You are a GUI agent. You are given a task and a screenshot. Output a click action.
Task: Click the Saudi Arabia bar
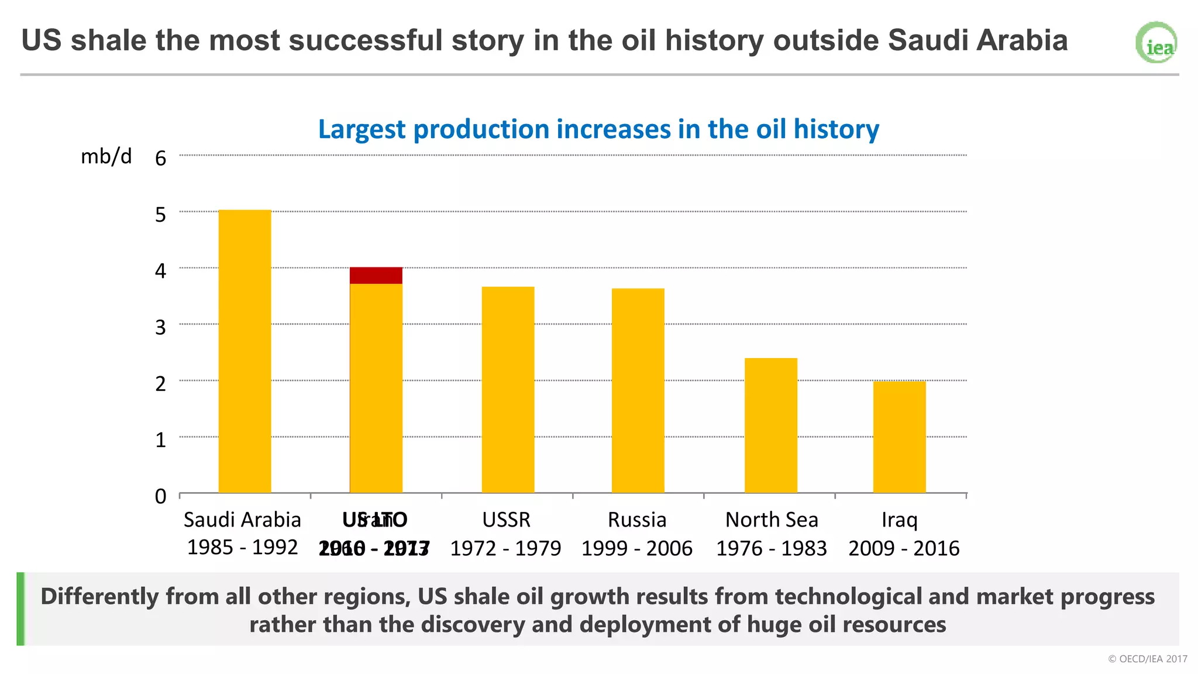point(245,351)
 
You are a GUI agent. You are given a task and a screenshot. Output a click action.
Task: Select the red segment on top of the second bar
point(376,276)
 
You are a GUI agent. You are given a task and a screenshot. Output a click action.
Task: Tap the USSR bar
point(508,390)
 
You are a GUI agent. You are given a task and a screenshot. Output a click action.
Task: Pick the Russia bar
point(638,390)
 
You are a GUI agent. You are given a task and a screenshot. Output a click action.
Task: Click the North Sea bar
point(770,425)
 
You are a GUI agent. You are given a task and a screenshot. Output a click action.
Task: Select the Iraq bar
point(899,437)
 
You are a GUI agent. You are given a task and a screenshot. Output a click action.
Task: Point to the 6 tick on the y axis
point(161,158)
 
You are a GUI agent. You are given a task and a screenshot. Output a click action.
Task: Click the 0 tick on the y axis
point(161,496)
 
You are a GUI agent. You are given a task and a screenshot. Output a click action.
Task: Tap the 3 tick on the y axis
point(161,327)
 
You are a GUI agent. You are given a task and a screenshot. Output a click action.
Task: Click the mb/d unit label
point(106,156)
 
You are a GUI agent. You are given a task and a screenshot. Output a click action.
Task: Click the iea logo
point(1156,43)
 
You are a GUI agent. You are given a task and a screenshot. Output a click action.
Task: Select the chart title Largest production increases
point(598,129)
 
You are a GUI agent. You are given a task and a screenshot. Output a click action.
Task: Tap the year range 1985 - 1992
point(242,548)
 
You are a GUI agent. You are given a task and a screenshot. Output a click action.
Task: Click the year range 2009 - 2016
point(904,548)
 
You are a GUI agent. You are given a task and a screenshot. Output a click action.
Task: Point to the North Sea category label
point(771,520)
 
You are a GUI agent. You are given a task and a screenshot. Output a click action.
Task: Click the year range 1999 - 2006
point(636,548)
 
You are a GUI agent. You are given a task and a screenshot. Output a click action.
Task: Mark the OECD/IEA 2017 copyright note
point(1147,659)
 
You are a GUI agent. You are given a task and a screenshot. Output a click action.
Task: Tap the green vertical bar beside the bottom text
point(20,608)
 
